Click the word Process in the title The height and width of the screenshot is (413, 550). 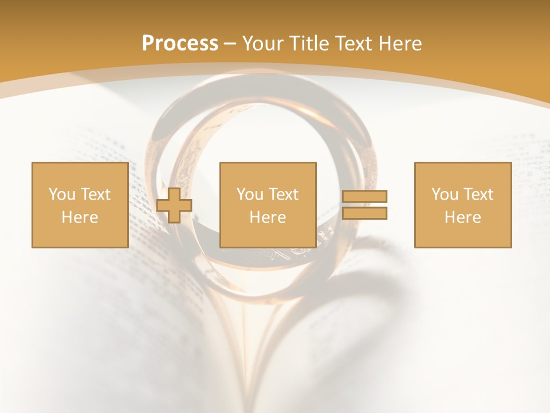(x=180, y=44)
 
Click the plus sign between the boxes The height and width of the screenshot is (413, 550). (x=174, y=205)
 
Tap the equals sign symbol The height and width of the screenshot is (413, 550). (x=364, y=205)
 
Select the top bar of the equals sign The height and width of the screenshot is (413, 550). (x=364, y=196)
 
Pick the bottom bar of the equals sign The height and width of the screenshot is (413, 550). (x=364, y=213)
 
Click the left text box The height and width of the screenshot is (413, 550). (x=80, y=205)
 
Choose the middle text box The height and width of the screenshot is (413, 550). (x=268, y=205)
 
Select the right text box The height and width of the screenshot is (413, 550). (x=462, y=205)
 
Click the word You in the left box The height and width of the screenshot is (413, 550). (x=62, y=194)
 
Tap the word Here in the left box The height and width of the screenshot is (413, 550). (x=80, y=217)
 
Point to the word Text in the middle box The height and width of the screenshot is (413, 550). (x=284, y=194)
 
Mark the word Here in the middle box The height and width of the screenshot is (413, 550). (x=268, y=217)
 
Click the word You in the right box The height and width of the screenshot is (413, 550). (x=445, y=194)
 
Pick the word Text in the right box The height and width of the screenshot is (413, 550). (x=478, y=194)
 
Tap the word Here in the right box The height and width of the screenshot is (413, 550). (x=462, y=217)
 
